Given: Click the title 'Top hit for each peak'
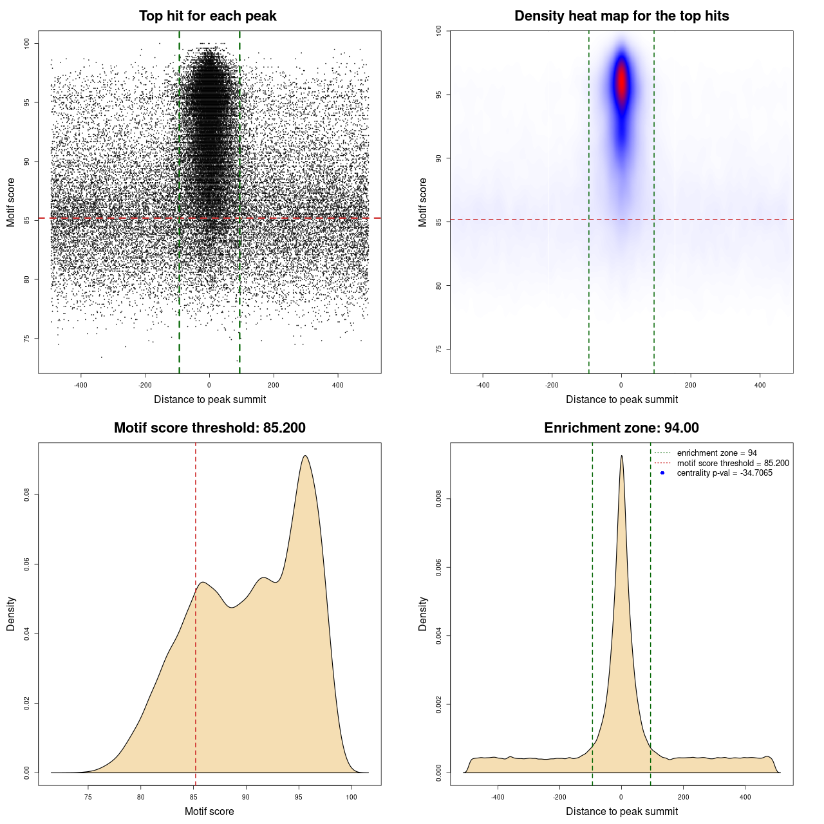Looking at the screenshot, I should pos(207,16).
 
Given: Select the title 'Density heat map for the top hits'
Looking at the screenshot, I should pos(621,16).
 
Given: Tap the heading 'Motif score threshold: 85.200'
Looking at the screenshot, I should pos(209,428).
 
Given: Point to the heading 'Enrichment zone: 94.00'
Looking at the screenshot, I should pos(621,428).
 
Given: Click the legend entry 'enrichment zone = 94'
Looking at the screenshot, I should pos(716,453).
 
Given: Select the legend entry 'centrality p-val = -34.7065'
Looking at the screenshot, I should pos(724,473).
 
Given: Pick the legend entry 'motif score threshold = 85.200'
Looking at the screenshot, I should pos(733,464).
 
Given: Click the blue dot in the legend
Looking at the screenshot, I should pos(662,473).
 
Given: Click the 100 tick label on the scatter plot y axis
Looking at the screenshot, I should pos(27,43).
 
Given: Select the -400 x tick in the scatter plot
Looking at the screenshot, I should pos(80,385).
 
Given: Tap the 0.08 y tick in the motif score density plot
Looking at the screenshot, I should pos(27,494).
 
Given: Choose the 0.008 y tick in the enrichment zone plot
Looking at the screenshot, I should pos(439,499).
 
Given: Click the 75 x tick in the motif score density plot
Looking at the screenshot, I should pos(88,797).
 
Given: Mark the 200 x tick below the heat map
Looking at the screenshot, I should pos(691,385).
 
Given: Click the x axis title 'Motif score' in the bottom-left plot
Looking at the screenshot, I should pos(209,811).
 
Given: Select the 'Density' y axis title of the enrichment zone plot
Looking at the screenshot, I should pos(423,613).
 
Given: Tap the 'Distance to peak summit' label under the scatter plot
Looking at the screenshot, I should pos(210,399).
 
